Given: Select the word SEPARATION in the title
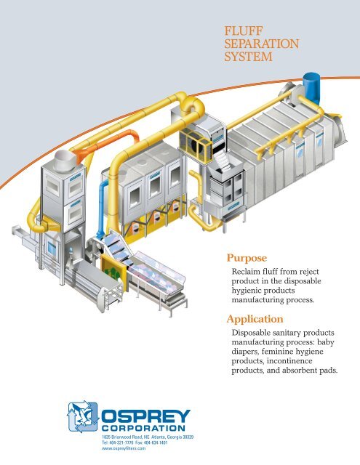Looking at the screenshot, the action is (262, 44).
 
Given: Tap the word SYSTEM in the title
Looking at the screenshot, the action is (248, 57).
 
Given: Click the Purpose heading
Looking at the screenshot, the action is (247, 258).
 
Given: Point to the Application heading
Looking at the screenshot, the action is (255, 320).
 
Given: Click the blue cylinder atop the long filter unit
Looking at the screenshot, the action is (311, 87).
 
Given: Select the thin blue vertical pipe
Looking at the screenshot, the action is (102, 208).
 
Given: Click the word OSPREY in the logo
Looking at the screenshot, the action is (145, 416).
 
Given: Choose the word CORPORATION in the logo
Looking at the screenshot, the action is (143, 428).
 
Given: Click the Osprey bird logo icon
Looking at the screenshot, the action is (83, 417).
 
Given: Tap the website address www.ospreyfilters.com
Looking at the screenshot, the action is (124, 448).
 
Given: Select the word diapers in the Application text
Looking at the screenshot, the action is (245, 352).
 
